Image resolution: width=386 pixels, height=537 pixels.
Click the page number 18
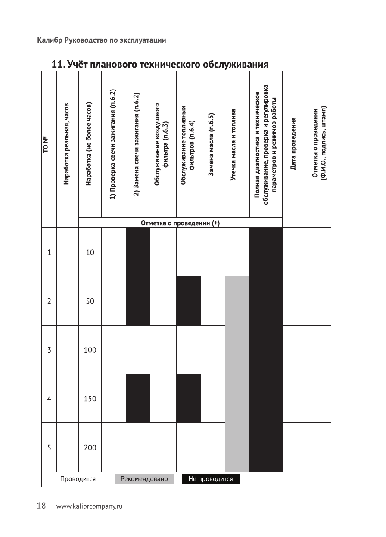[41, 506]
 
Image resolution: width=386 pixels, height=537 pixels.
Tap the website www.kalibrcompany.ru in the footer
[90, 506]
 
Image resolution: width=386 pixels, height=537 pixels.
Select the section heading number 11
[57, 65]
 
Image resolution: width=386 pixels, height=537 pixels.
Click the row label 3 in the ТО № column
[49, 350]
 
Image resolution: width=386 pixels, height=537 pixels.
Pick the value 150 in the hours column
[90, 399]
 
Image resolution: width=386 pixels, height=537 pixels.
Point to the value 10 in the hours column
[90, 252]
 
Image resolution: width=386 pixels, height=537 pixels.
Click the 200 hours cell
[90, 448]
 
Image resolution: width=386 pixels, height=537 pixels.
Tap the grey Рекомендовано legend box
[144, 479]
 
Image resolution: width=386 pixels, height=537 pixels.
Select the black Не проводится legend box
[211, 479]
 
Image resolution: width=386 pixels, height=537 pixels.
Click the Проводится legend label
[78, 479]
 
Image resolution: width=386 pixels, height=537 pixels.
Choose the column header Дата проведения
[295, 143]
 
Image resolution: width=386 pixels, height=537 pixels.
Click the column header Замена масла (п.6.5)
[212, 145]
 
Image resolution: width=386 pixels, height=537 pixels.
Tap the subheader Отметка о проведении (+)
[180, 223]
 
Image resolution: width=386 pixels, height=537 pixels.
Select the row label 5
[49, 448]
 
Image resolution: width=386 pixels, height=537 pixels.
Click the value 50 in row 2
[90, 301]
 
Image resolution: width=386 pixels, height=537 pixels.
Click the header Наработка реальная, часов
[67, 144]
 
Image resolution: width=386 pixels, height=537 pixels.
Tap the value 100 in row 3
[90, 350]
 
